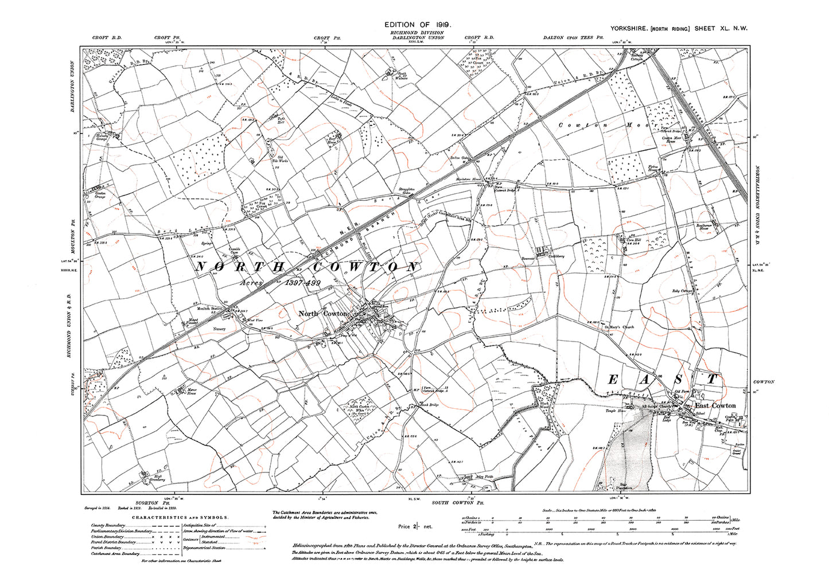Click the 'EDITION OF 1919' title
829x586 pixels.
click(419, 25)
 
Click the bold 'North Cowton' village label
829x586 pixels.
click(323, 314)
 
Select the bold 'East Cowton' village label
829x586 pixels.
click(715, 405)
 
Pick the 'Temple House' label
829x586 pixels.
click(614, 411)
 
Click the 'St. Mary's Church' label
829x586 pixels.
click(620, 327)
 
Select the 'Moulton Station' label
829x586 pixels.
click(210, 308)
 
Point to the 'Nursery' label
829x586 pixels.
click(220, 329)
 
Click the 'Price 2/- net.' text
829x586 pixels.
click(415, 526)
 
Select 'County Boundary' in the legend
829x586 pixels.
click(107, 525)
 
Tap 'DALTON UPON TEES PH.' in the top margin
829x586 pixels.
click(574, 38)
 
